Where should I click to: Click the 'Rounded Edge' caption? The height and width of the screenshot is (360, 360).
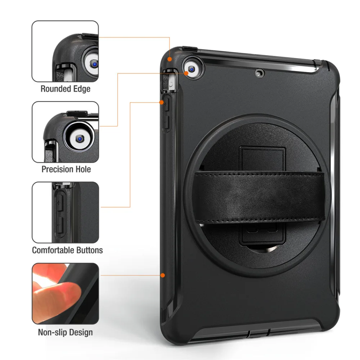tap(65, 89)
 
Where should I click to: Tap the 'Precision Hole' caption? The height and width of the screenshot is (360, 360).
tap(66, 169)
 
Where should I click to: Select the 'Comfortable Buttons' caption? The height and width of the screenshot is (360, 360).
tap(67, 250)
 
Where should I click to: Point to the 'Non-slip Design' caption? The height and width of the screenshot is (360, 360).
tap(65, 332)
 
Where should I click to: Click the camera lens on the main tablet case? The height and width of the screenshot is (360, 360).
tap(192, 68)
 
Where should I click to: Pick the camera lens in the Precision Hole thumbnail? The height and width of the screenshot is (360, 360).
tap(80, 138)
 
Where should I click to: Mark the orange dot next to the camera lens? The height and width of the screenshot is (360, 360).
tap(186, 73)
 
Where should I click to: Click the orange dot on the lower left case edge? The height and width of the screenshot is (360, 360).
tap(163, 275)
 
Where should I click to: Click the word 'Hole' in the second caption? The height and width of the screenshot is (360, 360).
tap(83, 169)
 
